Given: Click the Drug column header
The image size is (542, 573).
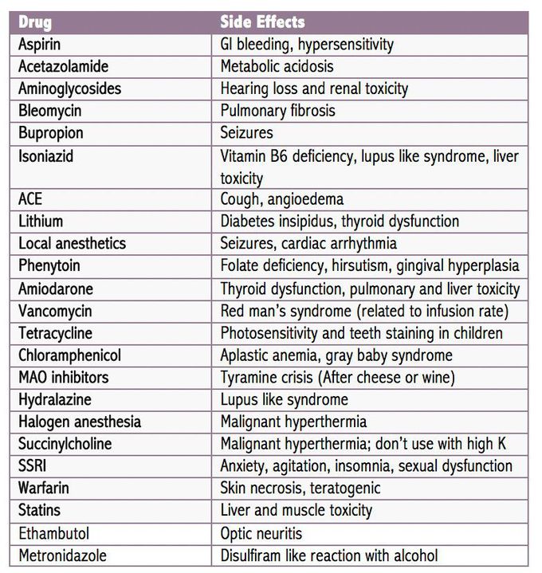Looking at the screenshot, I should click(35, 22).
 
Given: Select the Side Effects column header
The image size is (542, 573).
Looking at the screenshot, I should click(262, 22).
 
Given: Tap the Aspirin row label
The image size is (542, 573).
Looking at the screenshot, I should click(39, 45).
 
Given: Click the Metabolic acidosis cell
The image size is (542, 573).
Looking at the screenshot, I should click(277, 67).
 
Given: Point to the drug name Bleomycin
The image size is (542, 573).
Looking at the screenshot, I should click(50, 111).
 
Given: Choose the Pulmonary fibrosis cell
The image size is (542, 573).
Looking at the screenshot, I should click(277, 111).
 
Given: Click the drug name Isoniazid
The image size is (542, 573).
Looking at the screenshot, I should click(46, 156).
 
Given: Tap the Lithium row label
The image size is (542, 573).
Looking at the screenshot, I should click(41, 221).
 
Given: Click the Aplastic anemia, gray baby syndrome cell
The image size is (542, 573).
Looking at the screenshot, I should click(336, 355).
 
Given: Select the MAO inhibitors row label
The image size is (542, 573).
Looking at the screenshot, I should click(64, 377).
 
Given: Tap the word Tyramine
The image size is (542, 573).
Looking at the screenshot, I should click(250, 377).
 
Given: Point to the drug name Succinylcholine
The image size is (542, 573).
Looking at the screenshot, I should click(65, 444).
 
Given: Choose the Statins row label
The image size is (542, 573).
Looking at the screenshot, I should click(39, 510).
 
